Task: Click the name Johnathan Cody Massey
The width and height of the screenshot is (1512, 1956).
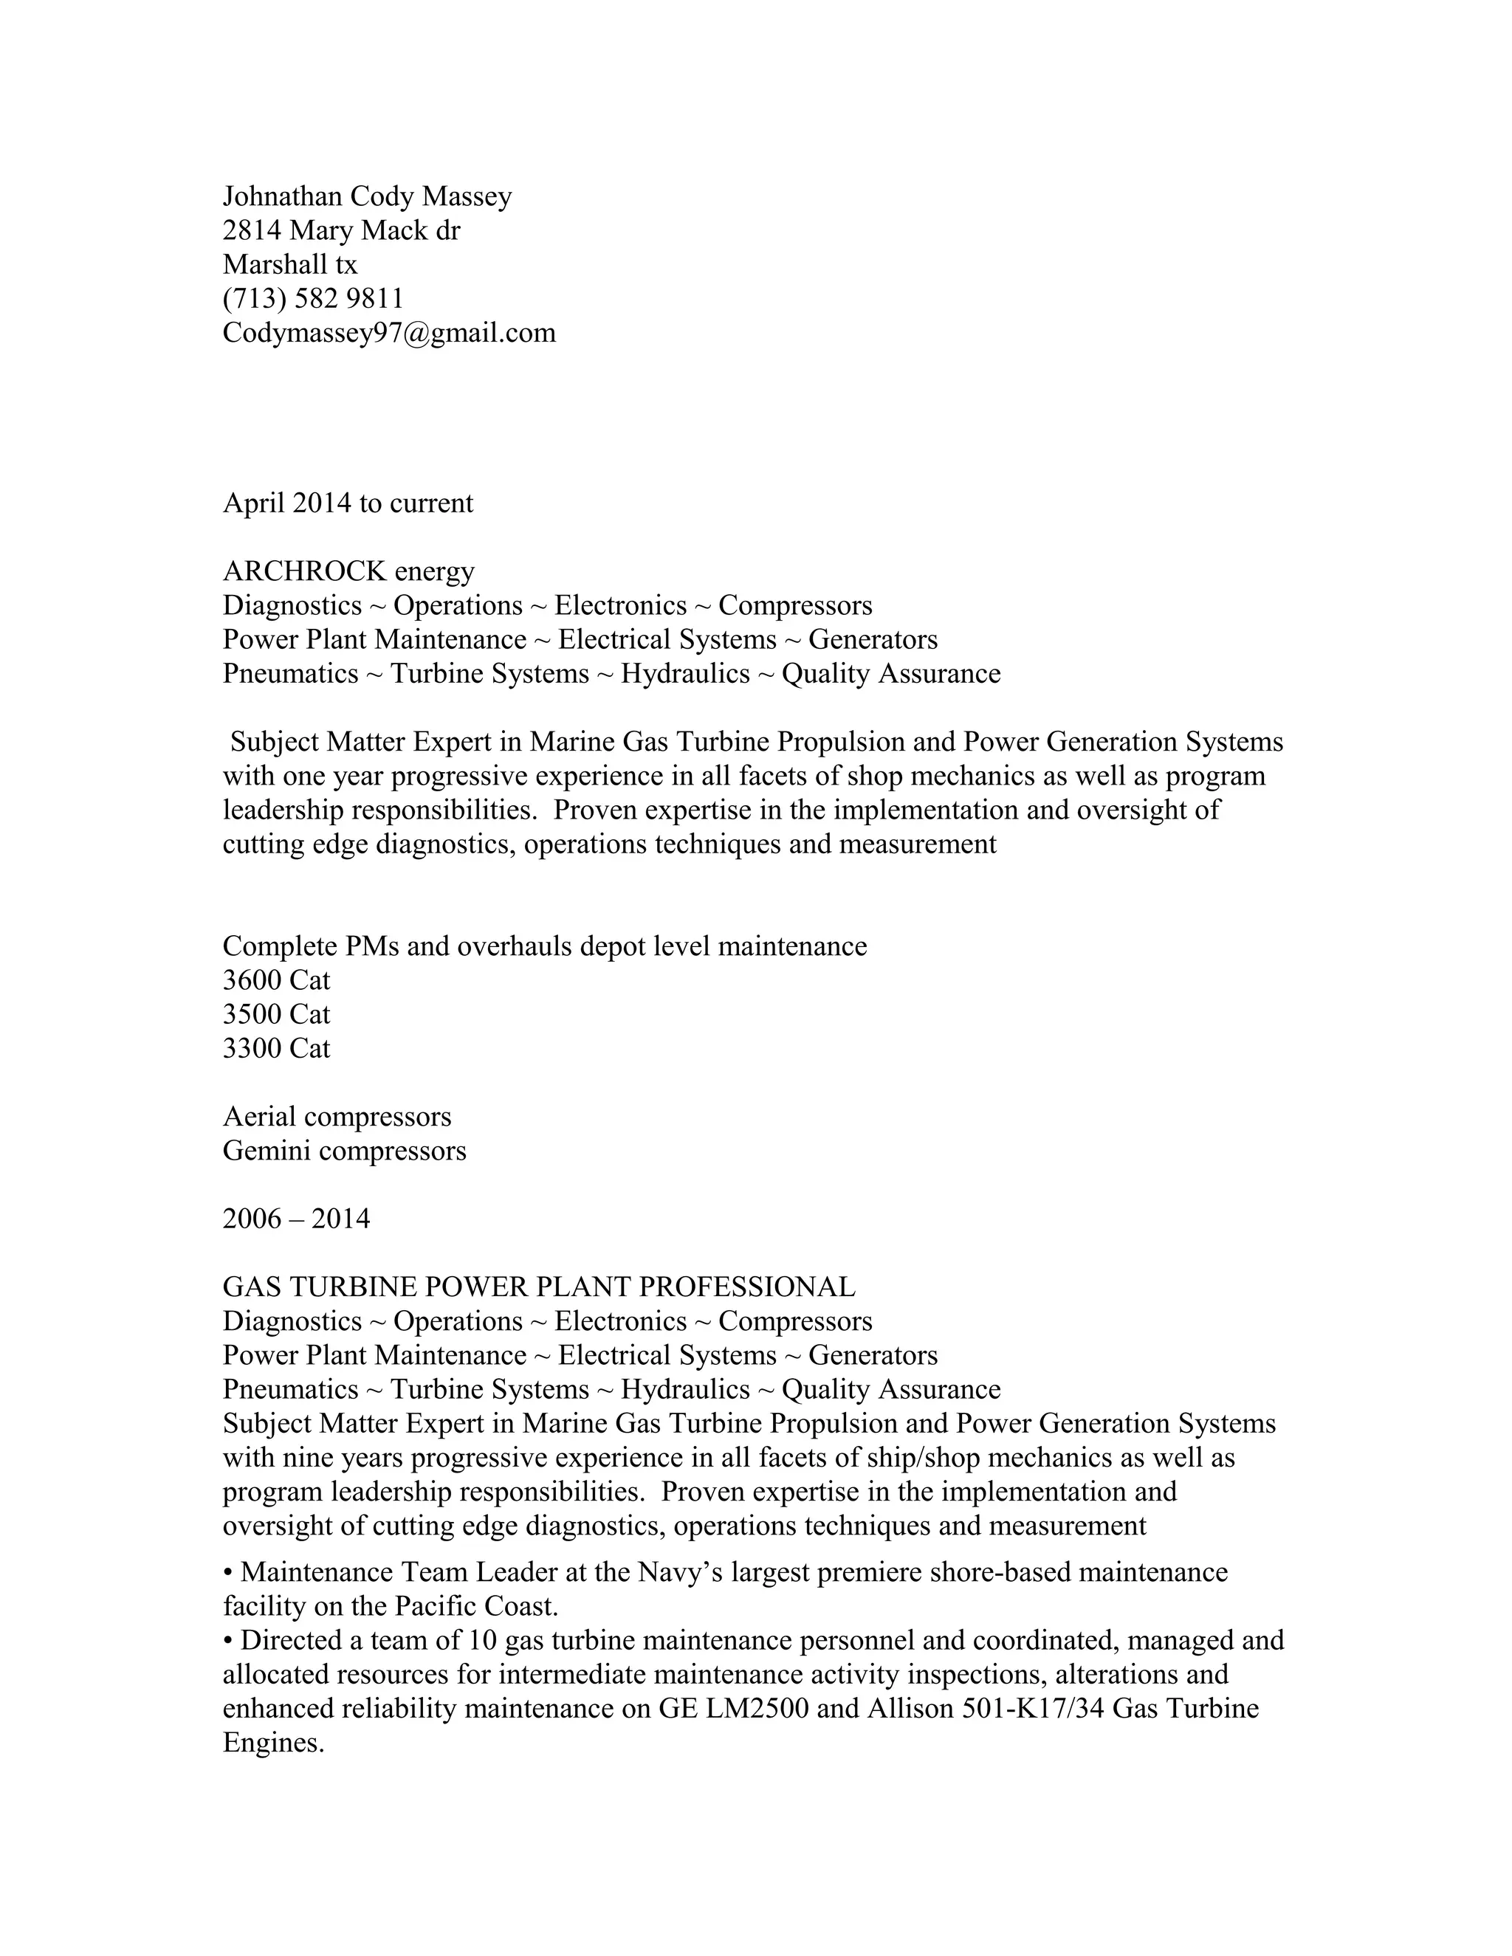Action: (366, 196)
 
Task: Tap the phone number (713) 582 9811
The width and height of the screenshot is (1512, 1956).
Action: (312, 298)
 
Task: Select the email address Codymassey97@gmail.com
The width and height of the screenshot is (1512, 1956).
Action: (389, 332)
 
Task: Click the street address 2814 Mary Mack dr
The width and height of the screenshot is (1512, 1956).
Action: (340, 230)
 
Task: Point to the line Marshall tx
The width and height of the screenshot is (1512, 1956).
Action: (289, 264)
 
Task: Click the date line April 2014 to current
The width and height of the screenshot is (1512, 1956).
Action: (348, 503)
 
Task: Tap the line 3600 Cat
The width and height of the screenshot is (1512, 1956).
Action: (276, 979)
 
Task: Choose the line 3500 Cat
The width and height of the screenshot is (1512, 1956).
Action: (276, 1014)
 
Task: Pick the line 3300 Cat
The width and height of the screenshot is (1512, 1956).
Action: (276, 1048)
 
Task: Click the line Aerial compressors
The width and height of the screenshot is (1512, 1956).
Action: (337, 1116)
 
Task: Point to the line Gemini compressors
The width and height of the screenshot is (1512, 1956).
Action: (344, 1150)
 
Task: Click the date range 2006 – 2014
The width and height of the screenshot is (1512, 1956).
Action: (295, 1218)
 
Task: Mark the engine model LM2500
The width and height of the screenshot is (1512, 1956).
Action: (757, 1708)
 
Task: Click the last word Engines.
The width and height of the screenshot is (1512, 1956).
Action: (272, 1742)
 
